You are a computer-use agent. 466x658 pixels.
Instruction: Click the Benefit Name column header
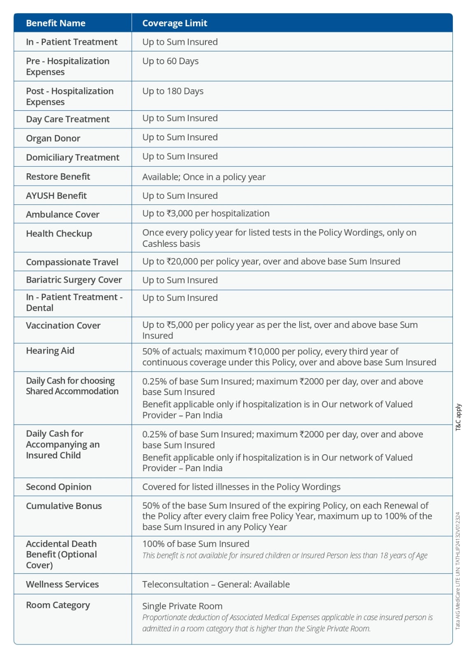(x=56, y=23)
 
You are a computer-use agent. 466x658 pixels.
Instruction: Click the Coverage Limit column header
(x=175, y=23)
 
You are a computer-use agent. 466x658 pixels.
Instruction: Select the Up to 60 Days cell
(x=170, y=61)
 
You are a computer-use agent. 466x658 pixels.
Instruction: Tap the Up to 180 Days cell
(x=173, y=91)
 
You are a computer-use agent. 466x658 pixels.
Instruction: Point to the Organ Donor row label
(x=53, y=138)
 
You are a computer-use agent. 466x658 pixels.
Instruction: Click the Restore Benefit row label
(x=58, y=177)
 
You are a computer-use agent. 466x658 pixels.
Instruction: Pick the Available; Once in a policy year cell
(x=204, y=177)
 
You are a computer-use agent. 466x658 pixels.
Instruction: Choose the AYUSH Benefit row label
(x=56, y=196)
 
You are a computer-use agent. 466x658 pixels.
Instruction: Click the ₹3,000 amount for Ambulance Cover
(x=179, y=214)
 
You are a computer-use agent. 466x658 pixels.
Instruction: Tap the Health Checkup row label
(x=59, y=234)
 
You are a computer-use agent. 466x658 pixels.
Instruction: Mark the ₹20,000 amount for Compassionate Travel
(x=181, y=262)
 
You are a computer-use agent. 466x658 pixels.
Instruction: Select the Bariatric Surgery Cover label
(x=74, y=280)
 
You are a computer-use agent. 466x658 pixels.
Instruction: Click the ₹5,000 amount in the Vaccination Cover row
(x=179, y=325)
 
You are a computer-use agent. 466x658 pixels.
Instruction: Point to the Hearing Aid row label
(x=50, y=351)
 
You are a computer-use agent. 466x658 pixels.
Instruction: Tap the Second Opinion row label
(x=58, y=487)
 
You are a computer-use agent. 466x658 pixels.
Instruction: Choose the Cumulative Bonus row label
(x=64, y=506)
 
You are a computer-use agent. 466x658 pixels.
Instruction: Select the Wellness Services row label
(x=62, y=584)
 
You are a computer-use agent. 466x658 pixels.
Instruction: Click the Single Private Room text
(x=182, y=606)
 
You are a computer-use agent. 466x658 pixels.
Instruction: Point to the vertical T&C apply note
(x=459, y=417)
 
